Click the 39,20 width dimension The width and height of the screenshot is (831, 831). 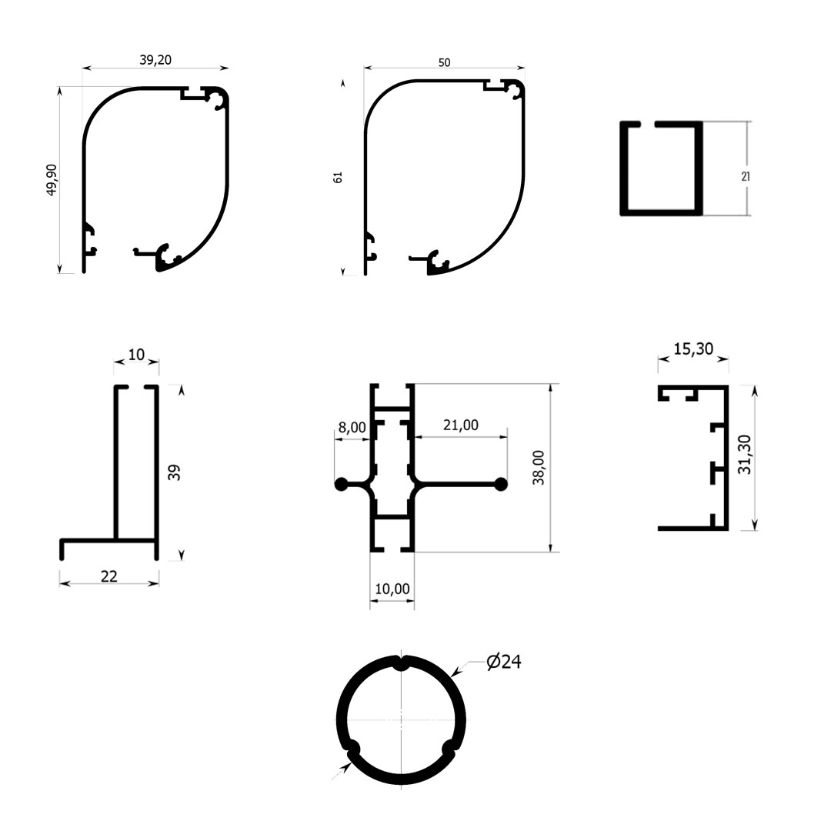click(155, 60)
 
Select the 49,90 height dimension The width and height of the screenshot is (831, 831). click(52, 179)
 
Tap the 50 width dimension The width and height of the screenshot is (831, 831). click(444, 62)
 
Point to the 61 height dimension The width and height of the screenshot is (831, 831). click(338, 178)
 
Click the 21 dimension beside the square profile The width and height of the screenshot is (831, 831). click(745, 176)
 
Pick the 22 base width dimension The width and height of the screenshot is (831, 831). click(108, 576)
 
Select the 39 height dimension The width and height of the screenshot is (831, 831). click(174, 472)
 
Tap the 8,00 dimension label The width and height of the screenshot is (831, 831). click(352, 427)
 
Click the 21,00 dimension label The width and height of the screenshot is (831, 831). click(461, 425)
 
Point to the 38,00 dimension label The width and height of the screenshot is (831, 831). click(539, 468)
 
